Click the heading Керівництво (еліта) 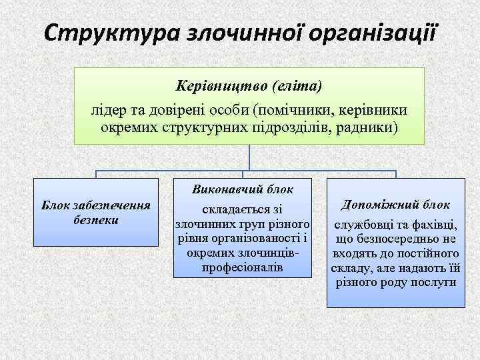(249, 87)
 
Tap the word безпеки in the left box (95, 219)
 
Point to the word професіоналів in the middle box (242, 267)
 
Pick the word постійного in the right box (429, 253)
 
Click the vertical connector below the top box (249, 157)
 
